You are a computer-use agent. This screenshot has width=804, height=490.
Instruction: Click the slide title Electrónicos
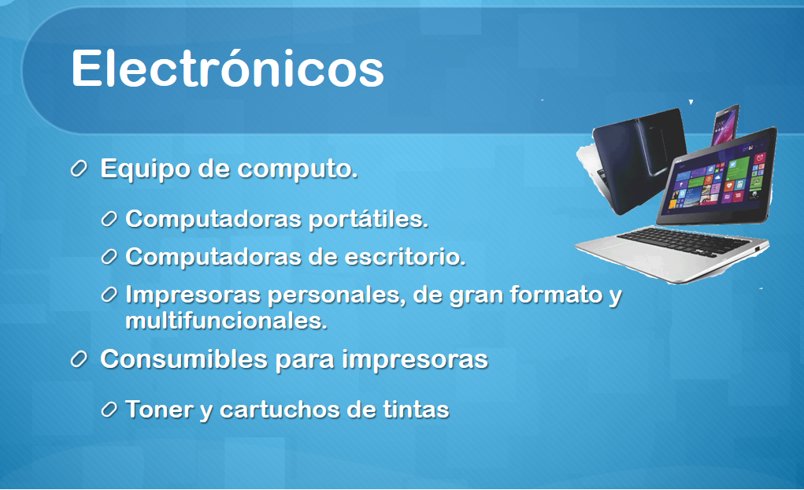[x=227, y=69]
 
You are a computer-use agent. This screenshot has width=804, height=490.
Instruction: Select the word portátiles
[x=369, y=220]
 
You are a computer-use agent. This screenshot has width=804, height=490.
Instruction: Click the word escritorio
[x=405, y=257]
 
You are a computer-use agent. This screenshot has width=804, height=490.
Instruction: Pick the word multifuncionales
[x=226, y=321]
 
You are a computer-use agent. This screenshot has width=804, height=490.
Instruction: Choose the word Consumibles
[x=183, y=358]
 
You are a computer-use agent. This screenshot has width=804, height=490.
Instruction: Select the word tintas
[x=416, y=410]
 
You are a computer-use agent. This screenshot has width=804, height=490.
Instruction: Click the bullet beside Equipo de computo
[x=79, y=169]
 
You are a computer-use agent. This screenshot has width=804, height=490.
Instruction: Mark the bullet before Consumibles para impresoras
[x=79, y=359]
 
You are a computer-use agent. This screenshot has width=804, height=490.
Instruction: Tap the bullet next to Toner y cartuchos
[x=109, y=410]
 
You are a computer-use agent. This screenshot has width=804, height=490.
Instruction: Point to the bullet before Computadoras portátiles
[x=109, y=219]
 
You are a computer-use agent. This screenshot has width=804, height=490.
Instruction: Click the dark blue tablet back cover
[x=635, y=159]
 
